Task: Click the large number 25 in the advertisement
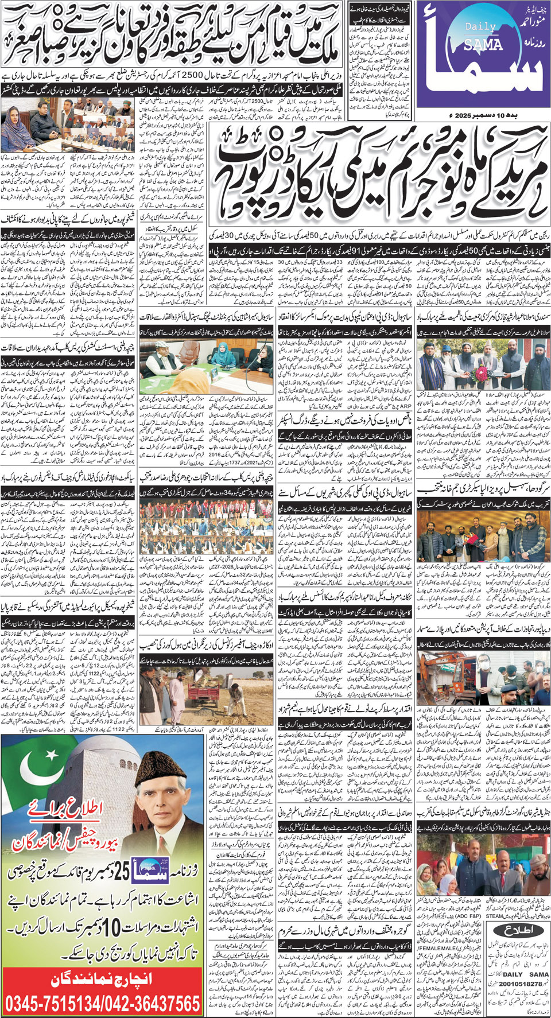coord(123,872)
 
